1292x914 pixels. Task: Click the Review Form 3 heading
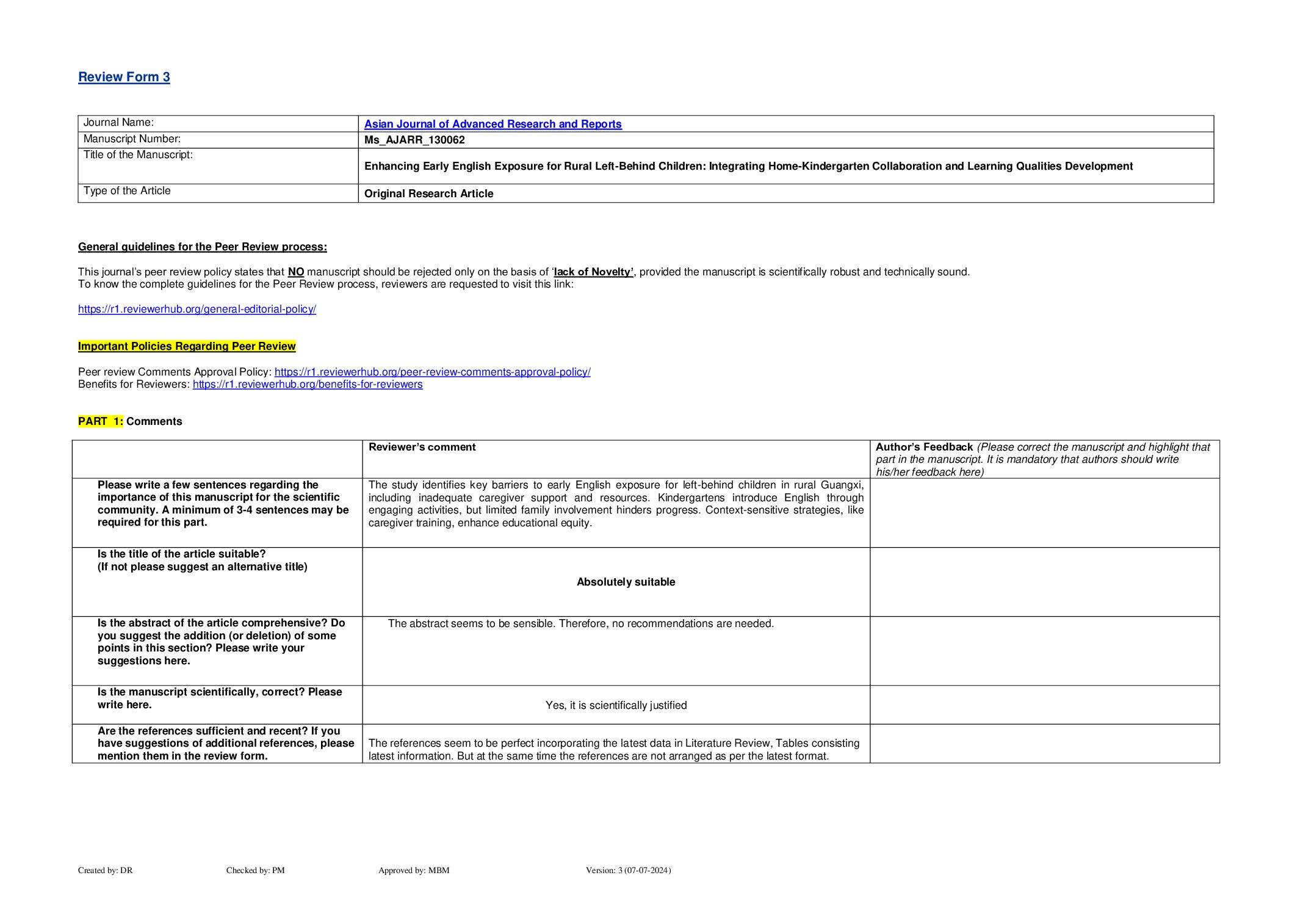(124, 77)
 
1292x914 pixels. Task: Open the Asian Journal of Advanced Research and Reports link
(493, 124)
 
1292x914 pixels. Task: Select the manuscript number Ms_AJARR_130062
(414, 140)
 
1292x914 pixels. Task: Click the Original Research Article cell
(428, 194)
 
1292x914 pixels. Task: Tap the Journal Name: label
(118, 123)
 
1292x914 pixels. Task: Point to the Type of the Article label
(127, 191)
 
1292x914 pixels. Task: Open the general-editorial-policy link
(197, 309)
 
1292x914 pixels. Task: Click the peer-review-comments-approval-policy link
(432, 372)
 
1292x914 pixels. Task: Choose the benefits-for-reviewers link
(308, 384)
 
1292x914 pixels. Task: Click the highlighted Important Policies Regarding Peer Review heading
(187, 346)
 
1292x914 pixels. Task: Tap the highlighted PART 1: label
(101, 421)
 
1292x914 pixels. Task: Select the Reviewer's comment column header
(422, 447)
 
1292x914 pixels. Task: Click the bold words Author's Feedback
(924, 447)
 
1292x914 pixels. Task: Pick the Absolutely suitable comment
(626, 582)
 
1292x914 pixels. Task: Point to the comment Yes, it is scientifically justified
(616, 705)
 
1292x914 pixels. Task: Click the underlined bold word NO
(296, 272)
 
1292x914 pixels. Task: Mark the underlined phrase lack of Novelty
(593, 272)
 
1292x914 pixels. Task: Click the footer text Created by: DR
(105, 870)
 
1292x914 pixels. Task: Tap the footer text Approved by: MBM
(414, 870)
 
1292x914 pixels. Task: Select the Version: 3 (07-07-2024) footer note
(628, 870)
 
